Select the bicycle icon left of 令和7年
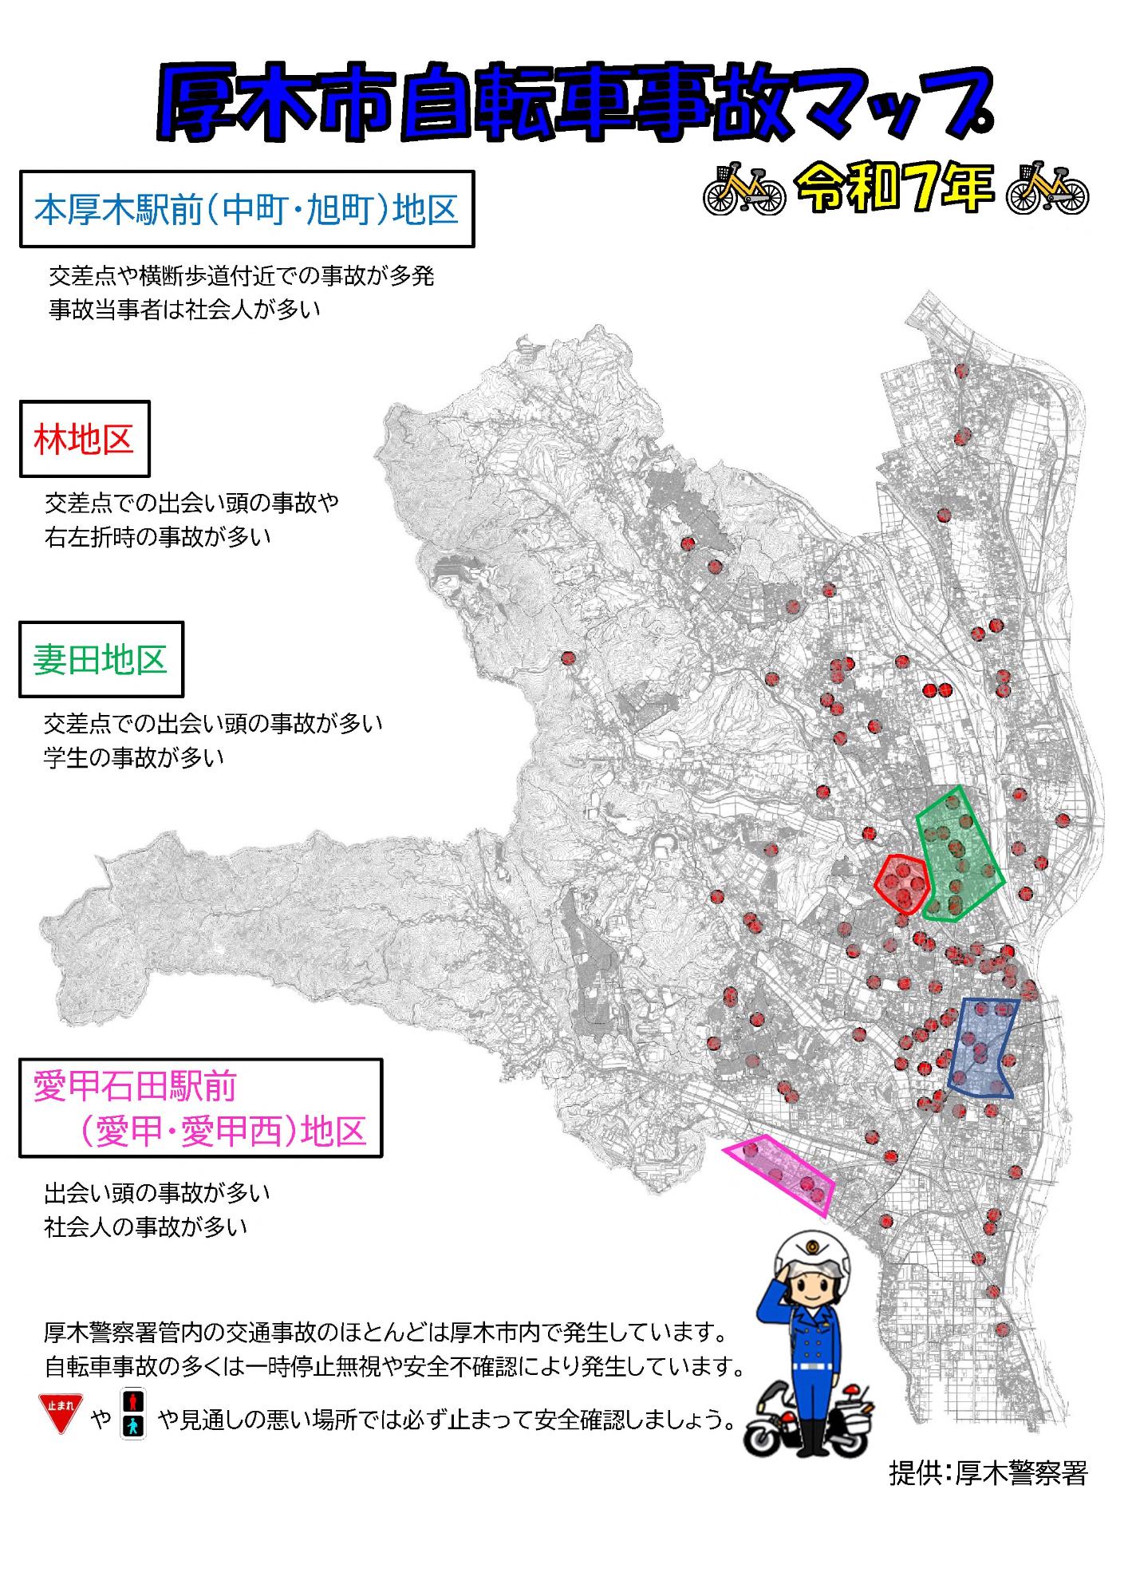click(743, 190)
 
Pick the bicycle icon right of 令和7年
click(1047, 189)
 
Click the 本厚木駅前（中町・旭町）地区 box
click(247, 209)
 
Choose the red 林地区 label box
click(85, 439)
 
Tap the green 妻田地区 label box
click(101, 660)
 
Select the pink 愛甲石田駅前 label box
click(200, 1108)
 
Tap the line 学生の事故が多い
click(133, 757)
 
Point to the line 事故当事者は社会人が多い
click(184, 310)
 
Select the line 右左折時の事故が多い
click(157, 537)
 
